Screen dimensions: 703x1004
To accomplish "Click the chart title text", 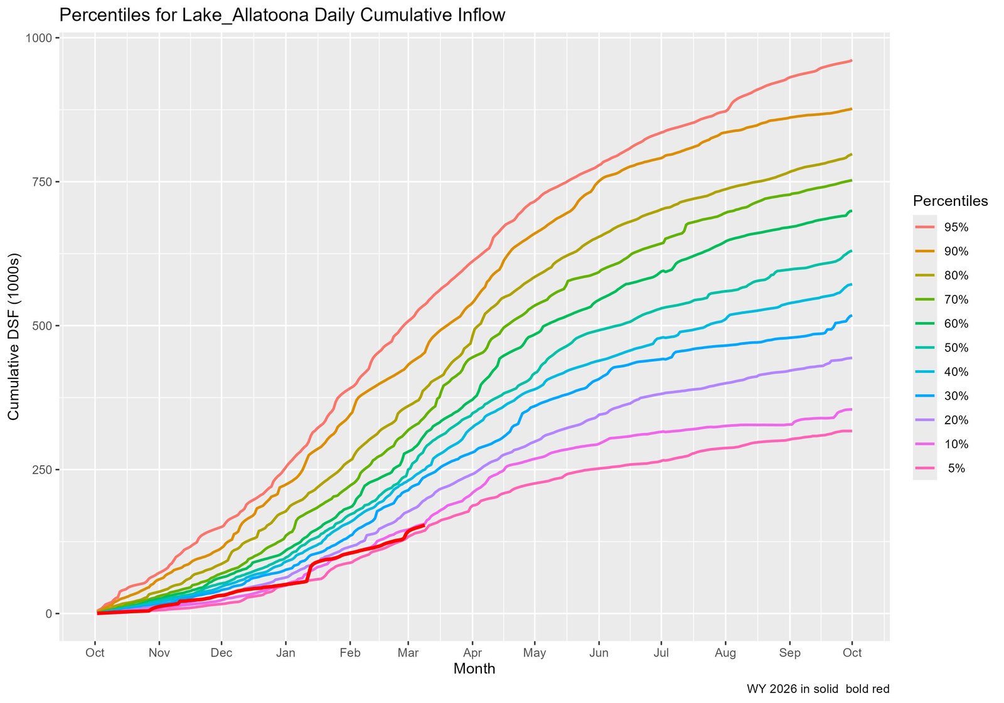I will [x=282, y=15].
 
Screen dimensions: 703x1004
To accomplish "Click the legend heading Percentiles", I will [x=950, y=201].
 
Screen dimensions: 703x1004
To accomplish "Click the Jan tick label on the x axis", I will [x=286, y=653].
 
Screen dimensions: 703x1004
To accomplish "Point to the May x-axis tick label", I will [x=535, y=653].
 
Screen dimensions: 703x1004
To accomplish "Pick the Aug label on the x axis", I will [x=725, y=653].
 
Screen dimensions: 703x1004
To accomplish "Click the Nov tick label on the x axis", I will [x=159, y=653].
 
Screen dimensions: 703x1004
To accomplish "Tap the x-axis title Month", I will [x=474, y=669].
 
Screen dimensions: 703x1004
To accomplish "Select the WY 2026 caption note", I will [x=818, y=689].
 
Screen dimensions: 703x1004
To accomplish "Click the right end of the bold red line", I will [x=424, y=525].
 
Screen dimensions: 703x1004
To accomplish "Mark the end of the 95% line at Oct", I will [x=851, y=61].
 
